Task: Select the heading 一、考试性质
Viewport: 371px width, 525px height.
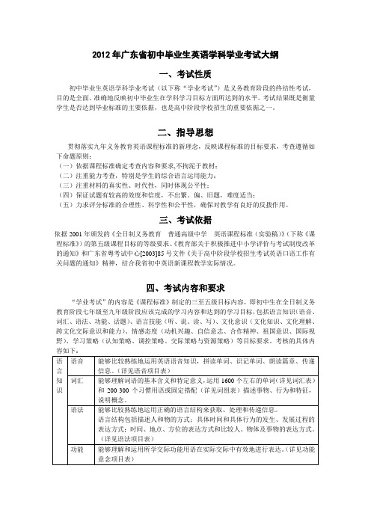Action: pyautogui.click(x=185, y=75)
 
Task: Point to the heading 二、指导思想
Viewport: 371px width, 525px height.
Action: pyautogui.click(x=185, y=132)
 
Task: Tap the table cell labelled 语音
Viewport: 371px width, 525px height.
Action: pyautogui.click(x=76, y=361)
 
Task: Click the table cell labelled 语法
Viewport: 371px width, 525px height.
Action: pyautogui.click(x=76, y=410)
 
